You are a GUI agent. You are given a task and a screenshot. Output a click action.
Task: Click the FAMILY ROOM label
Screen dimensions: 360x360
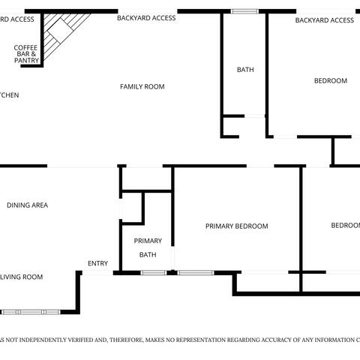click(142, 87)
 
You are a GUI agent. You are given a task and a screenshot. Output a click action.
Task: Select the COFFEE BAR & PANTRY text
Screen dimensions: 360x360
click(25, 54)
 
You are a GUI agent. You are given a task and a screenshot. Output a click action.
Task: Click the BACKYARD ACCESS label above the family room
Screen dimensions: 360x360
click(146, 18)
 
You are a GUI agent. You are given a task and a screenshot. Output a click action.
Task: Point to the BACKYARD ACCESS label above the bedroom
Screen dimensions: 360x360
click(324, 20)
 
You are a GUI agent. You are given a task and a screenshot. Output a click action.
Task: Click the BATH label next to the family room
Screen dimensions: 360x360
click(245, 70)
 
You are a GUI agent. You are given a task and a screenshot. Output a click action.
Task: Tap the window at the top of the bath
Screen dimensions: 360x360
click(244, 11)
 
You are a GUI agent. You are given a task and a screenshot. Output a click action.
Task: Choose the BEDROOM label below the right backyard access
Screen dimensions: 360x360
click(330, 81)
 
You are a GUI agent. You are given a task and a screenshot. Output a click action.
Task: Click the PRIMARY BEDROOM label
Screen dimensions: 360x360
click(236, 226)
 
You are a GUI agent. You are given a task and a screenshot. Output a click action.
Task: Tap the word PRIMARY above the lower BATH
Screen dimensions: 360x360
click(148, 241)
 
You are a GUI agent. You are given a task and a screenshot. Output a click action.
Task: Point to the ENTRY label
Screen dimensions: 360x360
click(97, 263)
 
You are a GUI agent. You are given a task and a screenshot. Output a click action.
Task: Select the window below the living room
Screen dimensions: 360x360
click(31, 311)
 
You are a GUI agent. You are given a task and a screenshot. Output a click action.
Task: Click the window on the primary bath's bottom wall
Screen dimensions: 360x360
click(153, 272)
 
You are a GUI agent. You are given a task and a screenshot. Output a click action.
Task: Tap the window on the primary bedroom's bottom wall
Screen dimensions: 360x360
click(196, 272)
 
